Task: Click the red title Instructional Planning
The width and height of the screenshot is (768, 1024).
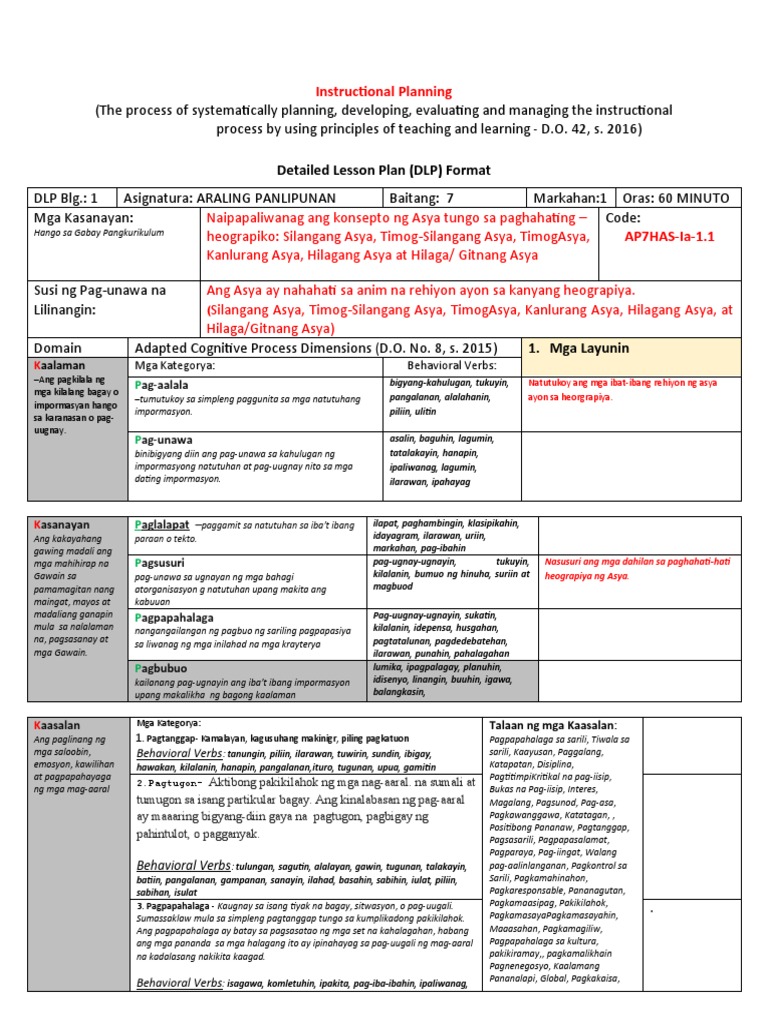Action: pyautogui.click(x=384, y=91)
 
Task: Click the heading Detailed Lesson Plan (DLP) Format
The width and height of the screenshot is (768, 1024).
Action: pyautogui.click(x=384, y=170)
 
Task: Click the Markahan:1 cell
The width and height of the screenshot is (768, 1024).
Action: pyautogui.click(x=570, y=198)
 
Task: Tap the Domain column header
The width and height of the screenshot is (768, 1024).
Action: pyautogui.click(x=58, y=348)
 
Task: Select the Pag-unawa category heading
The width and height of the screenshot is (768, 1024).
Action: pyautogui.click(x=163, y=439)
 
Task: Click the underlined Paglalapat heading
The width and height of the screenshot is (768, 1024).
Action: pyautogui.click(x=162, y=525)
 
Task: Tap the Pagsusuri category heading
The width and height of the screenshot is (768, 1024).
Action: pyautogui.click(x=160, y=563)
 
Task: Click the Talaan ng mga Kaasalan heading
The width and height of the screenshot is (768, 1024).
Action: pyautogui.click(x=553, y=724)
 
